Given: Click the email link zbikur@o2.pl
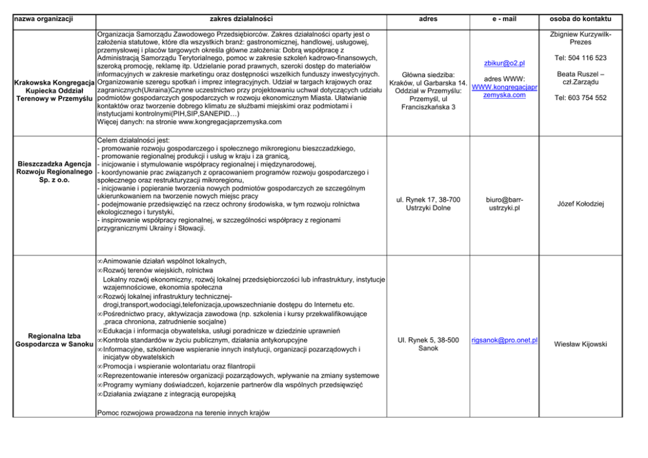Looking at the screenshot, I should tap(504, 63).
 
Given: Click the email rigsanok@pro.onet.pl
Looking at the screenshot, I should tap(504, 340).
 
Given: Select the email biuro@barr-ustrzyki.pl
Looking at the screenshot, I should tap(504, 204).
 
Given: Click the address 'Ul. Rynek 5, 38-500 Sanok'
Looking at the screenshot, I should tap(429, 344).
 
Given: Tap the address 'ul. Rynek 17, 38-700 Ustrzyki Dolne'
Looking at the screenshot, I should tap(429, 204).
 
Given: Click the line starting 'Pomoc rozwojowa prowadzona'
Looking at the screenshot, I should tap(182, 412).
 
